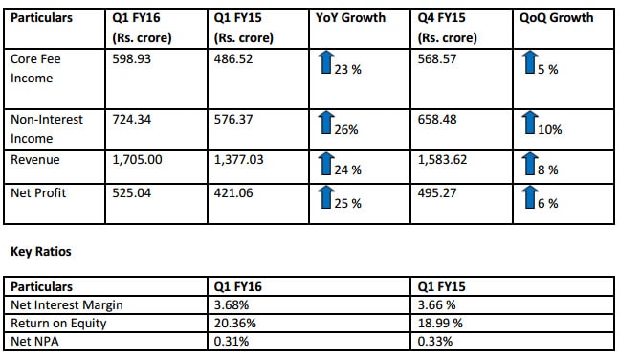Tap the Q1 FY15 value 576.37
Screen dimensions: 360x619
[x=236, y=119]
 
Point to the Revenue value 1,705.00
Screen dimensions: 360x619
[x=142, y=160]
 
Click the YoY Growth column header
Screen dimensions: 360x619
[x=350, y=18]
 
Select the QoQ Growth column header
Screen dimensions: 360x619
[x=557, y=18]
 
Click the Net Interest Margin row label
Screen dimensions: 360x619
[x=69, y=304]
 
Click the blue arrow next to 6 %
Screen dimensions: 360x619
[x=531, y=196]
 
